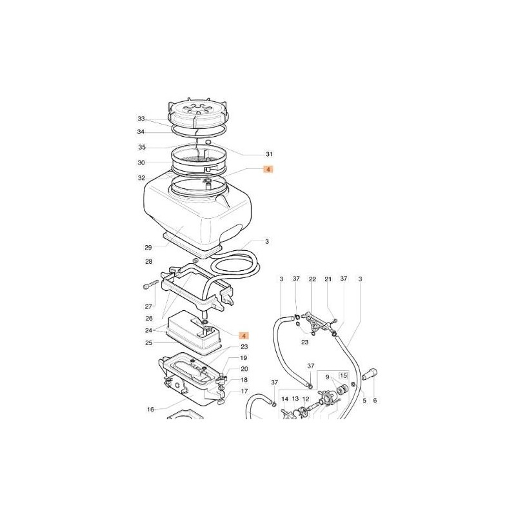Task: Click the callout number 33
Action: tap(141, 119)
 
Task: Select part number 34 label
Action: tap(141, 132)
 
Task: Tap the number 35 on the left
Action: tap(141, 148)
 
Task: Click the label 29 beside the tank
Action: tap(149, 247)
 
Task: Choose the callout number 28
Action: tap(149, 262)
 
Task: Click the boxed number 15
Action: tap(343, 375)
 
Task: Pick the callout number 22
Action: tap(312, 279)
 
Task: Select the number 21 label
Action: tap(328, 279)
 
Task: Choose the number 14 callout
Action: tap(284, 400)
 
